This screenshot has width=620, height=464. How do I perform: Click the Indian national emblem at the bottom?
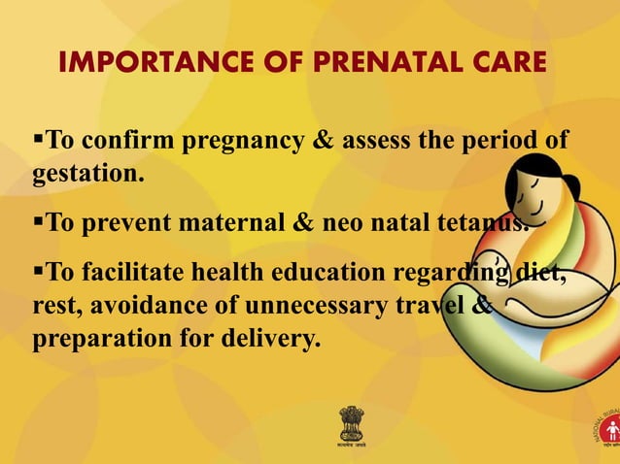(x=352, y=423)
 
